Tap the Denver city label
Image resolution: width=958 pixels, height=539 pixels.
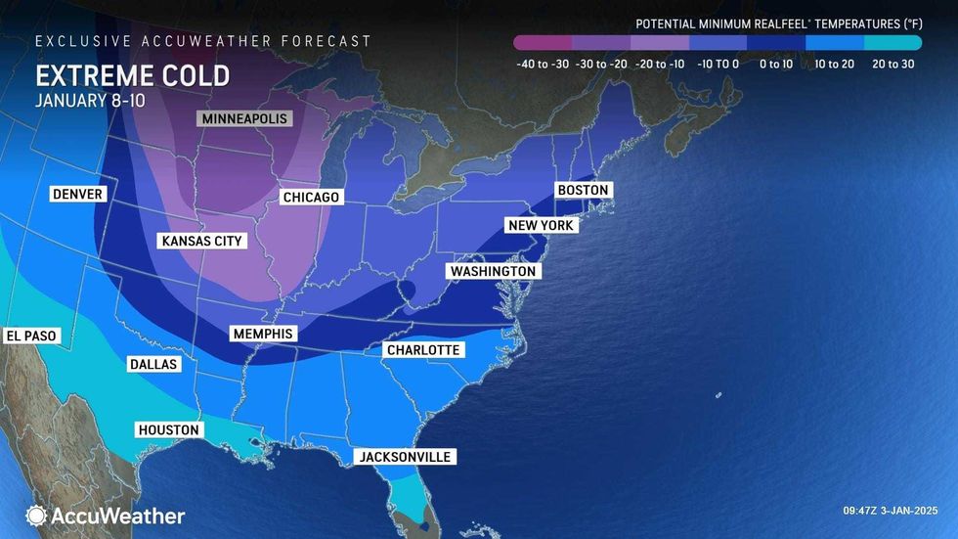point(77,195)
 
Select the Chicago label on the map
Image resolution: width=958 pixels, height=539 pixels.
point(311,198)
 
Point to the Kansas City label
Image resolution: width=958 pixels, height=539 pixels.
point(201,241)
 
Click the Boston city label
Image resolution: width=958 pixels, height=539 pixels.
point(583,190)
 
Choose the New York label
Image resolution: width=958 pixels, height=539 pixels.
point(542,226)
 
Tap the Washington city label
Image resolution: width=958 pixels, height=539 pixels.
point(493,271)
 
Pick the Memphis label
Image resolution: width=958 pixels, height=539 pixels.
point(263,334)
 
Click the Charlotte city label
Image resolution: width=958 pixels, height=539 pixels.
point(422,350)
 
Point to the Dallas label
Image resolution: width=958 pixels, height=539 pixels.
point(153,364)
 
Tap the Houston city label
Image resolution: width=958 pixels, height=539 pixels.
point(169,429)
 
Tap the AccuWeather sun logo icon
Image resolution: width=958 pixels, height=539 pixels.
point(36,516)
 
